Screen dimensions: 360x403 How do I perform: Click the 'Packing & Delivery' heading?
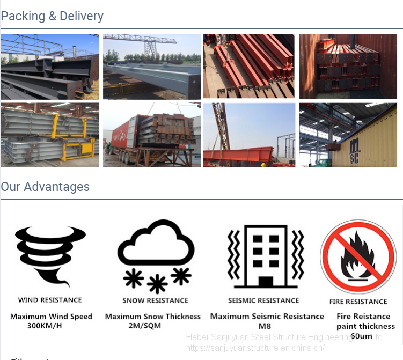[52, 16]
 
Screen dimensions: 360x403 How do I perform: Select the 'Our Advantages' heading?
[45, 187]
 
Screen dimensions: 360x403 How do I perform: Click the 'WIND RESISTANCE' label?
[50, 300]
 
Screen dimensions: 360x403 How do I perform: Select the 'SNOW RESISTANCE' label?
[155, 300]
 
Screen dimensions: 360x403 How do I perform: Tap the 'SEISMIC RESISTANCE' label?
[263, 300]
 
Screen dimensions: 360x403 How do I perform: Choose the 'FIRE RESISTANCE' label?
[358, 302]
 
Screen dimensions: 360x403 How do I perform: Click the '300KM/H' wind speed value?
[45, 326]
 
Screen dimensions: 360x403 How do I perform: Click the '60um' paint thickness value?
[361, 336]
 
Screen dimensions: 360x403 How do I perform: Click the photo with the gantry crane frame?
[152, 67]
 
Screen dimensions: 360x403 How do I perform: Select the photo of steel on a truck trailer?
[152, 135]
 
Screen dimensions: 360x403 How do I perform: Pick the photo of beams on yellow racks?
[50, 135]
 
